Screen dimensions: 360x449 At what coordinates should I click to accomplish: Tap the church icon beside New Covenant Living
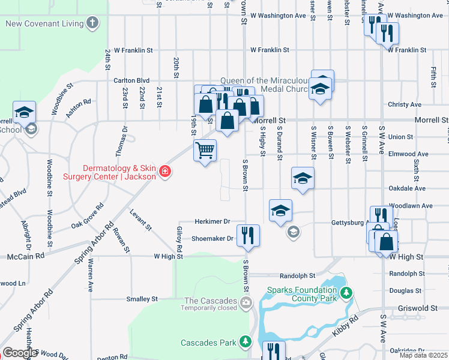coord(92,23)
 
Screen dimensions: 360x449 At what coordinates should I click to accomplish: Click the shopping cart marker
coord(205,150)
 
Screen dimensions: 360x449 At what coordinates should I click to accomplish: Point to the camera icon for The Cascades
coord(245,301)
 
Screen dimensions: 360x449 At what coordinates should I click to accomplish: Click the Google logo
coord(19,353)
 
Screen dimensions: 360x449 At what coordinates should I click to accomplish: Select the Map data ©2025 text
coord(423,355)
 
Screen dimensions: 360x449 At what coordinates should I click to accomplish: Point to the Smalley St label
coord(142,298)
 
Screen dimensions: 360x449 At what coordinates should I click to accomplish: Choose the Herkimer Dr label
coord(212,221)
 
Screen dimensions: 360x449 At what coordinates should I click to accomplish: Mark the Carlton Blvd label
coord(131,80)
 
